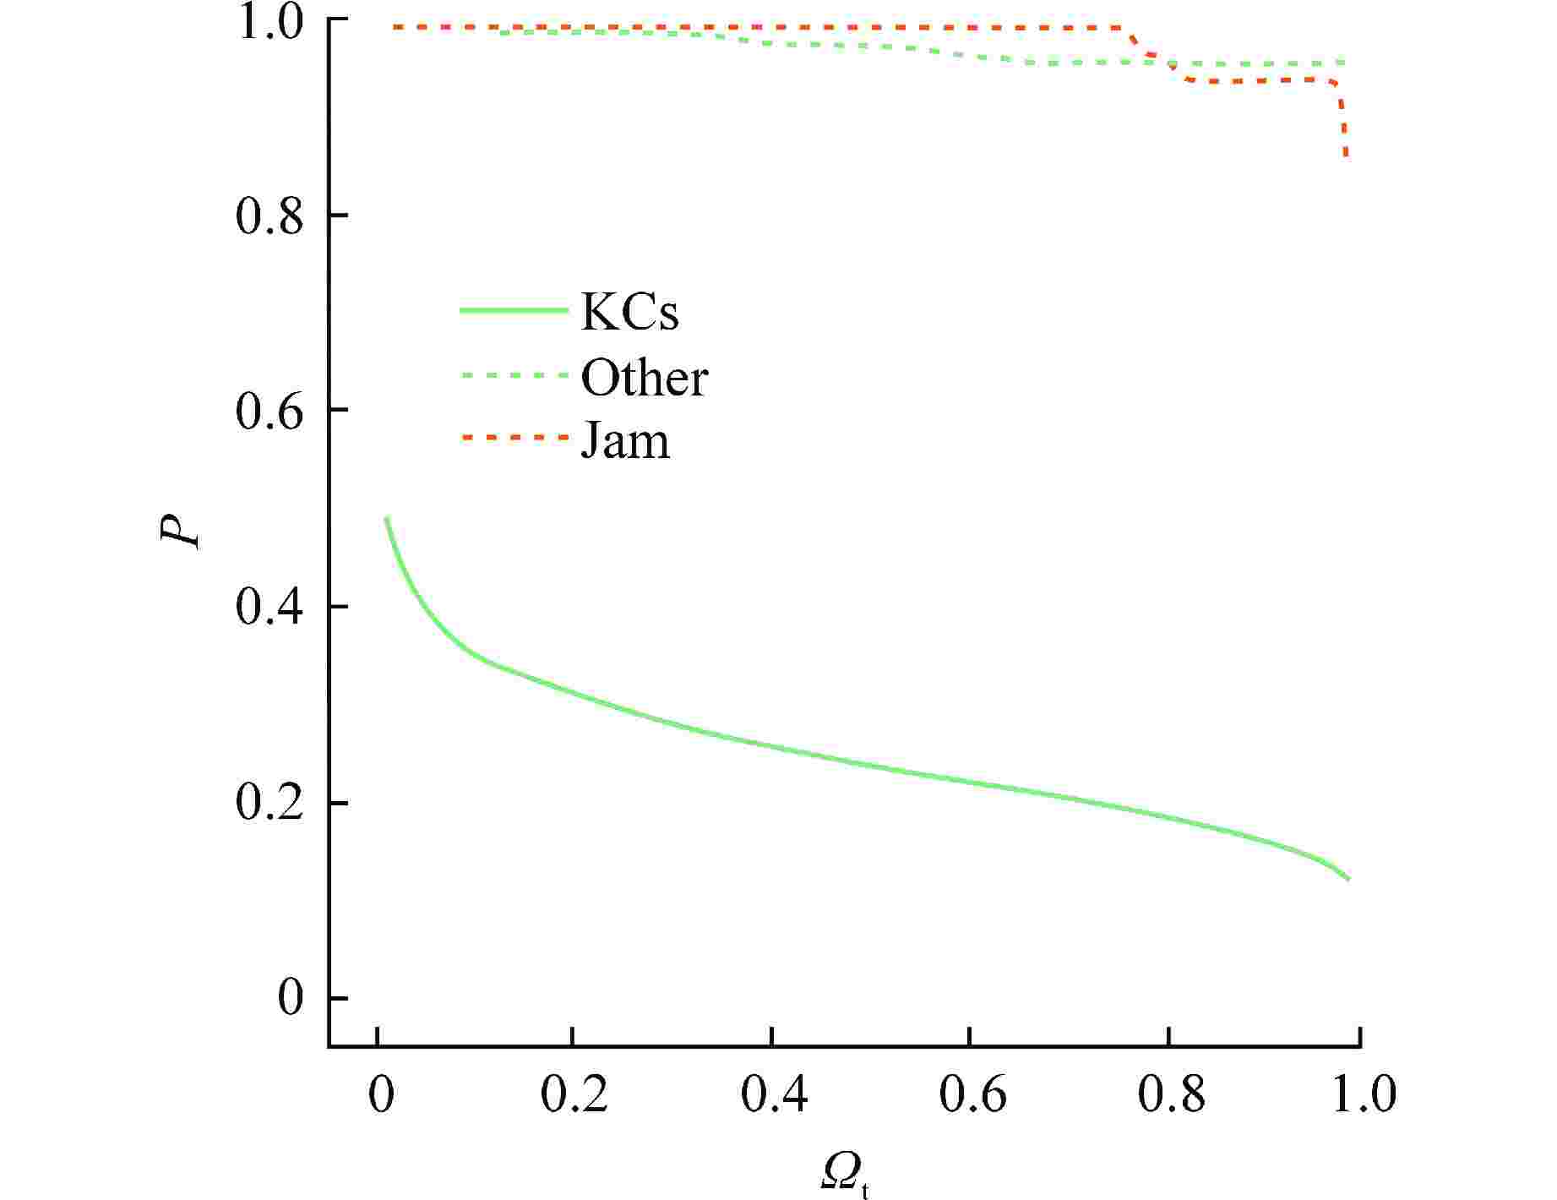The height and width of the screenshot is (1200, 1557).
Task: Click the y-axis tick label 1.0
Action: [269, 23]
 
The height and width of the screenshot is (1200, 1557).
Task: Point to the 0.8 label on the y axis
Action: [269, 217]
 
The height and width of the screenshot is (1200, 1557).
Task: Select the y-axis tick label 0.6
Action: [269, 412]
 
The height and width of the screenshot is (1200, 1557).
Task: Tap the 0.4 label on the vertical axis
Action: [269, 608]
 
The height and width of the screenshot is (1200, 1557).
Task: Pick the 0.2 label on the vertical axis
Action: [269, 804]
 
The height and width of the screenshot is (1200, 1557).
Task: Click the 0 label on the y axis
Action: [290, 999]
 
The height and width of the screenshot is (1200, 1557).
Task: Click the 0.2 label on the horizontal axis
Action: [574, 1095]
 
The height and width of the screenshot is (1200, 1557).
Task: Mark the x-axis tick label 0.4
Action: [773, 1095]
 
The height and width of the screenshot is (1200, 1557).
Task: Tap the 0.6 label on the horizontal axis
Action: [972, 1095]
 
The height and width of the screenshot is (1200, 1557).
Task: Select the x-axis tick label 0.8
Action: [1170, 1095]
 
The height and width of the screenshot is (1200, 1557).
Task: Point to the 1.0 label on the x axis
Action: [1363, 1095]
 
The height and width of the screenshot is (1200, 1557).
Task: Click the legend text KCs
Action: [629, 312]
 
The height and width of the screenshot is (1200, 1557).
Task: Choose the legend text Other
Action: [644, 378]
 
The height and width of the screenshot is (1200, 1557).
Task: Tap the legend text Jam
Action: [625, 442]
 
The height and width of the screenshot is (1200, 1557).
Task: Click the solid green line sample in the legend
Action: [513, 310]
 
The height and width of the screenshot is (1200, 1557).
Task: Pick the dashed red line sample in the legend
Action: [513, 438]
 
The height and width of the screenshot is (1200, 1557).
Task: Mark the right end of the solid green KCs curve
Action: [1347, 879]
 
